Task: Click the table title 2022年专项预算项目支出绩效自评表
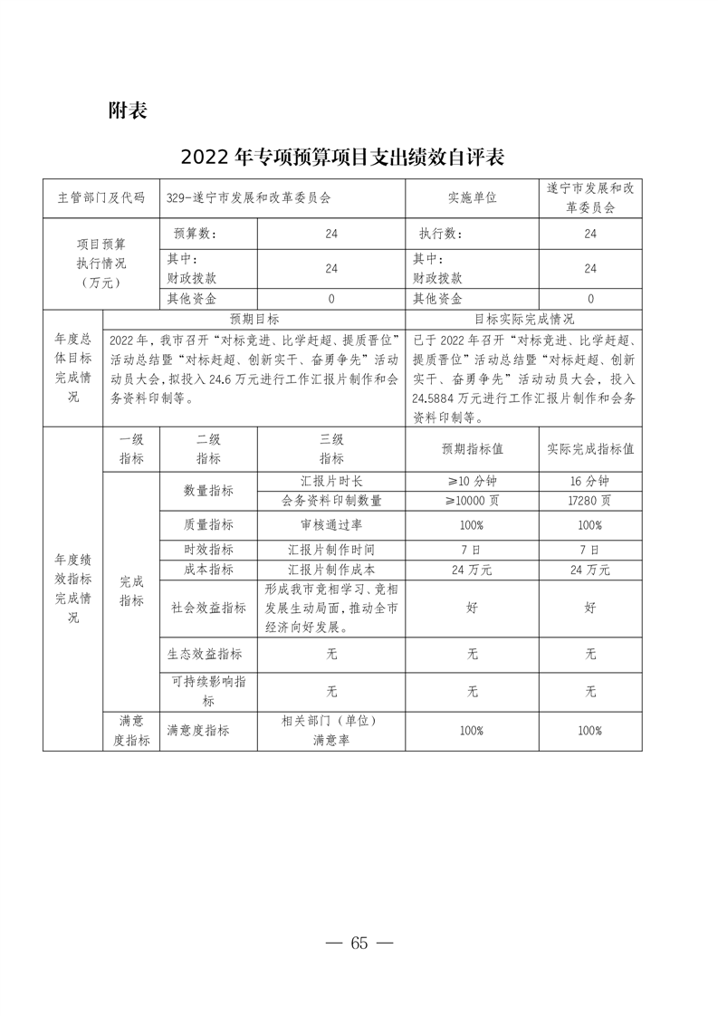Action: [x=341, y=157]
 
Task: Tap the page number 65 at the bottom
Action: [x=359, y=943]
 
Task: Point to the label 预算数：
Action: [x=196, y=234]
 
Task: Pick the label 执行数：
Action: [x=441, y=234]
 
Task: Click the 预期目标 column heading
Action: [x=254, y=320]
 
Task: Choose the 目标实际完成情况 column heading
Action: [x=524, y=320]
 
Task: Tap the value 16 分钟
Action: [x=590, y=481]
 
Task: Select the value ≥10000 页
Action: [x=472, y=500]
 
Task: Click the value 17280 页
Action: [x=590, y=500]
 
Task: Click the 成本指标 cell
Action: [x=208, y=570]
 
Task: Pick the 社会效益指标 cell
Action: [x=208, y=608]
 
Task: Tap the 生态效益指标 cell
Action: [x=208, y=653]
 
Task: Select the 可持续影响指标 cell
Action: [x=208, y=691]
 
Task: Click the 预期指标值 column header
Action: [x=472, y=448]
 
